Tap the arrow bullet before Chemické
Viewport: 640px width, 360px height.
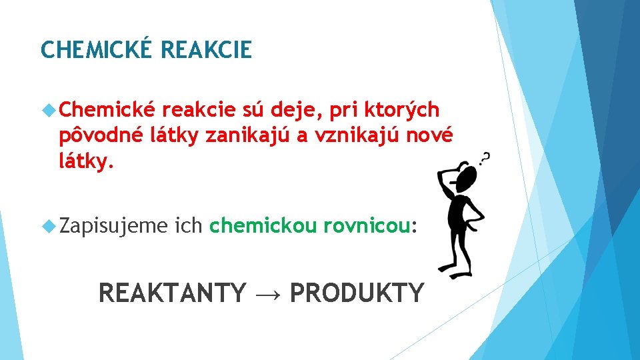click(x=48, y=109)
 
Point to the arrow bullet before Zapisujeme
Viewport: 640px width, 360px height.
click(x=48, y=227)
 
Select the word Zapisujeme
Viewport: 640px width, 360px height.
click(x=113, y=227)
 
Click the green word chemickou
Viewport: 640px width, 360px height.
click(x=263, y=227)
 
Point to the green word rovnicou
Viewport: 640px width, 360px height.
click(x=366, y=227)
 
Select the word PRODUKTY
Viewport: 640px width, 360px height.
click(x=357, y=293)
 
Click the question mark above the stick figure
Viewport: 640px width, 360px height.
click(x=486, y=159)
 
